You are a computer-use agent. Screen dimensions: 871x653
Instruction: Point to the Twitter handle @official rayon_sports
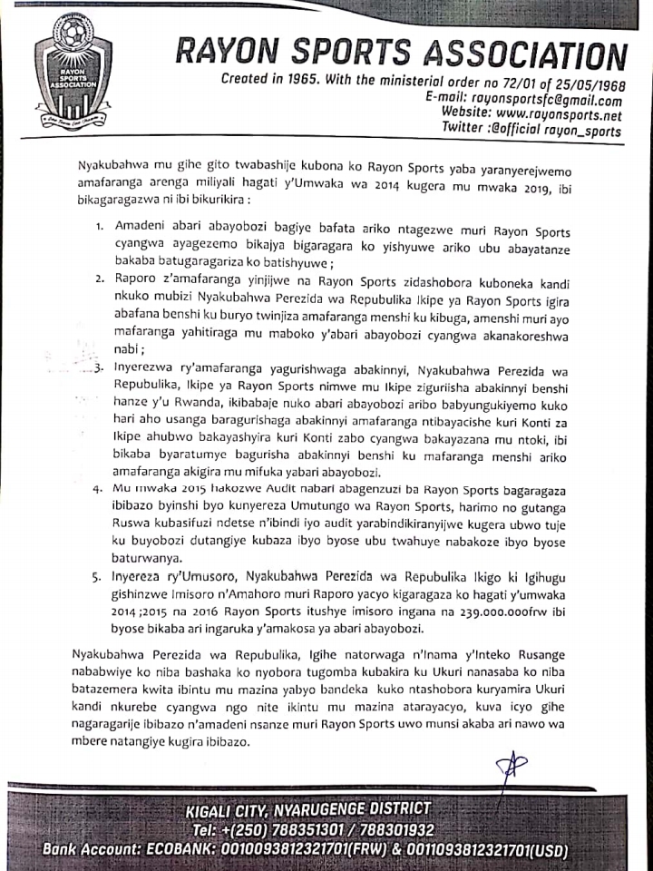(554, 132)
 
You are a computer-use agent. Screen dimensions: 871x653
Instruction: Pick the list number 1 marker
(99, 224)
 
